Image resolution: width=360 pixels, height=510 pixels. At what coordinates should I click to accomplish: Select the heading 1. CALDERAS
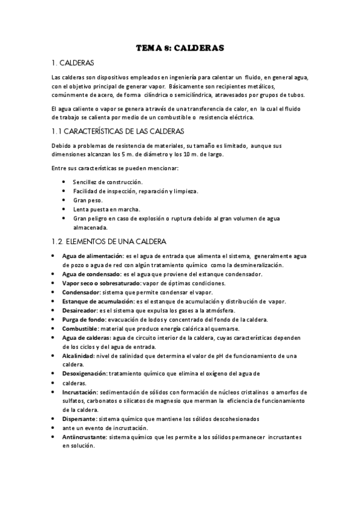73,63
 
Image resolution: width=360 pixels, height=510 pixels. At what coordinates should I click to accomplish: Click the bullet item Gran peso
88,200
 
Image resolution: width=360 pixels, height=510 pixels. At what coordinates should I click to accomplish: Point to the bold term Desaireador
80,310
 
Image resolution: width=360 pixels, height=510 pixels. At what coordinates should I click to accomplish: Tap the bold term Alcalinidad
79,356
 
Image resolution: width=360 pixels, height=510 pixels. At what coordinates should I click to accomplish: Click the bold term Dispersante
79,419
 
